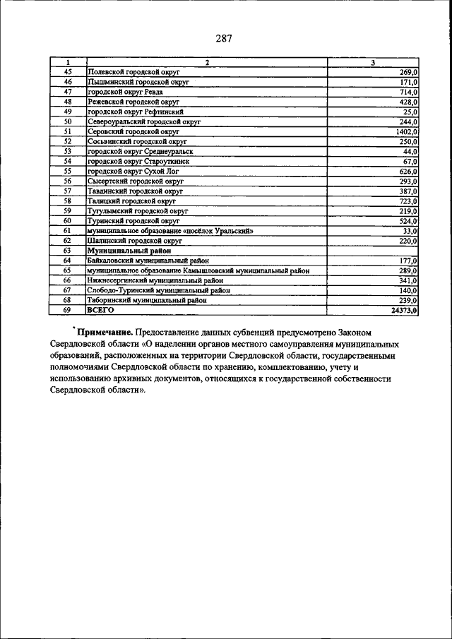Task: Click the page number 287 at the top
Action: (225, 38)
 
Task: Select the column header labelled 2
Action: (206, 63)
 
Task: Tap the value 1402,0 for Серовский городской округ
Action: (406, 132)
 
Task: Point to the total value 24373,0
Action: (404, 310)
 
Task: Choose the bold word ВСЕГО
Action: (100, 310)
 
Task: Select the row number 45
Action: (68, 73)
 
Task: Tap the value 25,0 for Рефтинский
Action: (410, 112)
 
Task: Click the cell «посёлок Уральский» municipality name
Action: (169, 231)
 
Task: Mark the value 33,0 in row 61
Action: (410, 231)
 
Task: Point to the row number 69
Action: (68, 310)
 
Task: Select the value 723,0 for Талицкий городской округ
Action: (408, 201)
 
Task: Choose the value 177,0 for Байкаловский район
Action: (408, 261)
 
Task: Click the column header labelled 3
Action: (372, 63)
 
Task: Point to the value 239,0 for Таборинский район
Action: (408, 300)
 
